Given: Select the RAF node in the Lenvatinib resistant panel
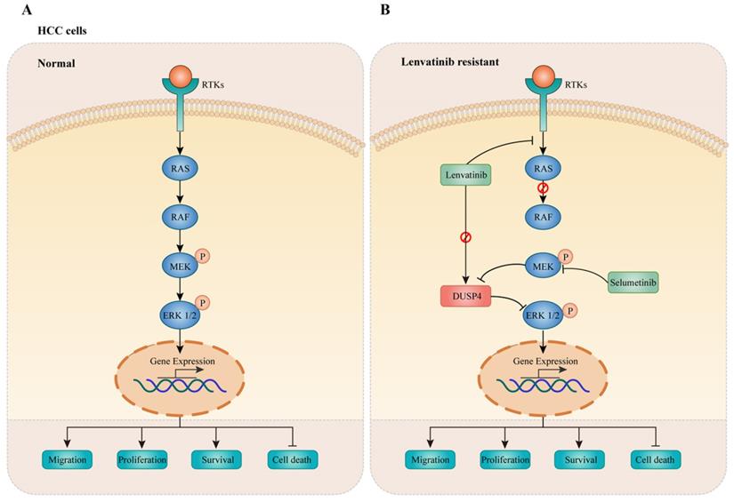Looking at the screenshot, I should (544, 214).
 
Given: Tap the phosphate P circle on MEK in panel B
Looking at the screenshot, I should (565, 256).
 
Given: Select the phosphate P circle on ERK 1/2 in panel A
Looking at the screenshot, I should (204, 303).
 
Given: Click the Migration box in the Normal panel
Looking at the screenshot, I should (67, 460).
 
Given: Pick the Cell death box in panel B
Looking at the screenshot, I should (657, 460).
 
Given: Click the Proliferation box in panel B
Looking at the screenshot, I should (504, 460).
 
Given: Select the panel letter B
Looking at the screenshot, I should (384, 10).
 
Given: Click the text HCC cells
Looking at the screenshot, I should (61, 31).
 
